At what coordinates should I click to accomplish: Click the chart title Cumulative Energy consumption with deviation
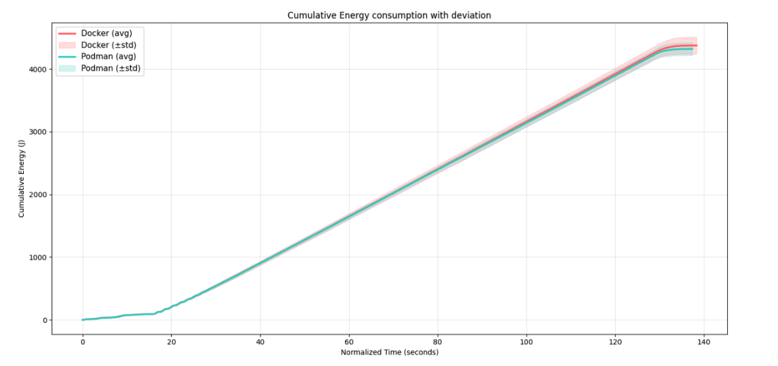click(x=389, y=15)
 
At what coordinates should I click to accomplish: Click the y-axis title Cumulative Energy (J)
click(x=21, y=178)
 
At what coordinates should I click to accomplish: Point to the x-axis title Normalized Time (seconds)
click(x=389, y=352)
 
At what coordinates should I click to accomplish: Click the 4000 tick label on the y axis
click(x=37, y=69)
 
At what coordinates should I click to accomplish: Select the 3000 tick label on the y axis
click(x=37, y=132)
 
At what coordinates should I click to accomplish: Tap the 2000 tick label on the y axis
click(x=37, y=195)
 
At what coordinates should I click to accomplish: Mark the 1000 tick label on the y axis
click(x=37, y=257)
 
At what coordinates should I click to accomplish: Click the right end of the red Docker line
click(x=697, y=46)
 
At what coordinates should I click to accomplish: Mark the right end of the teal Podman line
click(x=692, y=49)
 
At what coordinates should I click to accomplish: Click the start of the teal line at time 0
click(x=83, y=320)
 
